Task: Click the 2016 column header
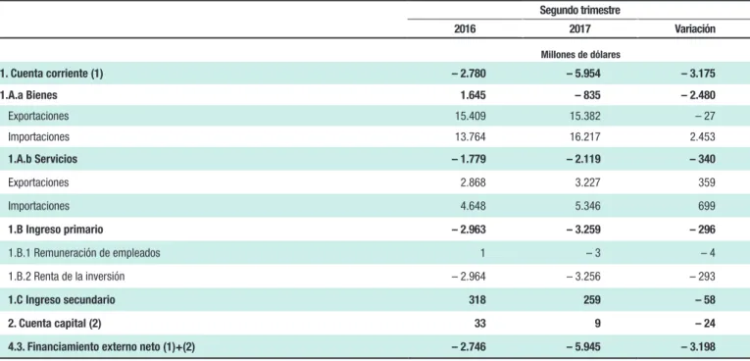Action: pyautogui.click(x=465, y=28)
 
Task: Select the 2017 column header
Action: pyautogui.click(x=579, y=28)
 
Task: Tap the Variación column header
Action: pyautogui.click(x=695, y=28)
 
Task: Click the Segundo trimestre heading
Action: pyautogui.click(x=579, y=10)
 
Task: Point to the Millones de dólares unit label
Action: pyautogui.click(x=580, y=55)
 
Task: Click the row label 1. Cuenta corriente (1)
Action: pyautogui.click(x=51, y=74)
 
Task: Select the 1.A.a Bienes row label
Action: pyautogui.click(x=28, y=95)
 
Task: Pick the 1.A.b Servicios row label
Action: pyautogui.click(x=42, y=159)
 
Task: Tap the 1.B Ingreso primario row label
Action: pyautogui.click(x=56, y=230)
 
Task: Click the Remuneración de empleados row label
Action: pyautogui.click(x=84, y=253)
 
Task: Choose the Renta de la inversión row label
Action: pyautogui.click(x=67, y=277)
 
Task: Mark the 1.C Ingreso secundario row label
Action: pyautogui.click(x=62, y=300)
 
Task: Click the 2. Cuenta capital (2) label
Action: pyautogui.click(x=55, y=323)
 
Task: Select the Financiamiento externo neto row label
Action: pyautogui.click(x=101, y=346)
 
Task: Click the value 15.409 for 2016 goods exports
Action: pyautogui.click(x=470, y=116)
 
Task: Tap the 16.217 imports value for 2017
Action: pyautogui.click(x=584, y=137)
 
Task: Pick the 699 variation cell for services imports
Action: pyautogui.click(x=707, y=206)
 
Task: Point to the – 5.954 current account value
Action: pyautogui.click(x=583, y=74)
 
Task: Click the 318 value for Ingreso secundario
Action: pyautogui.click(x=477, y=300)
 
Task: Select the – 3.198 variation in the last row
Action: pyautogui.click(x=698, y=346)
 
